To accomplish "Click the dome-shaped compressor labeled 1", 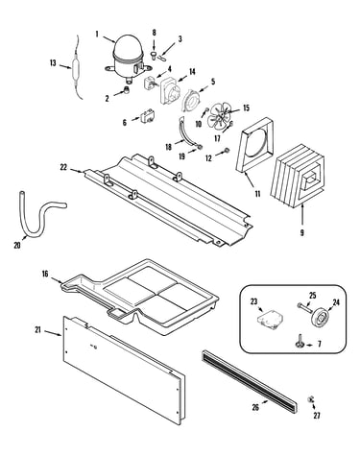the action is point(129,57).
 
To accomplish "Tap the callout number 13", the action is point(53,62).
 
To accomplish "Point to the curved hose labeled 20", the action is point(39,217).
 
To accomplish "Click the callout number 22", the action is point(63,167).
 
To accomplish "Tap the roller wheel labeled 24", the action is point(319,318).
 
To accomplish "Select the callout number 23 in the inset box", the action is point(253,301).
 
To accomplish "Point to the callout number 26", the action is point(255,407).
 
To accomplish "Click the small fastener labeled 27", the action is point(310,399).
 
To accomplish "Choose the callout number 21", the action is point(37,330).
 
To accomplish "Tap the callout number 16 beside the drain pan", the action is point(45,274).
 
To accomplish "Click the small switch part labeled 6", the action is point(146,116).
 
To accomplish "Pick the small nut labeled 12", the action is point(227,150).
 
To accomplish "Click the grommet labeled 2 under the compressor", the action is point(127,90).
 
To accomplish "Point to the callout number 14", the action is point(192,71).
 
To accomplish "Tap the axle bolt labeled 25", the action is point(304,307).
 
